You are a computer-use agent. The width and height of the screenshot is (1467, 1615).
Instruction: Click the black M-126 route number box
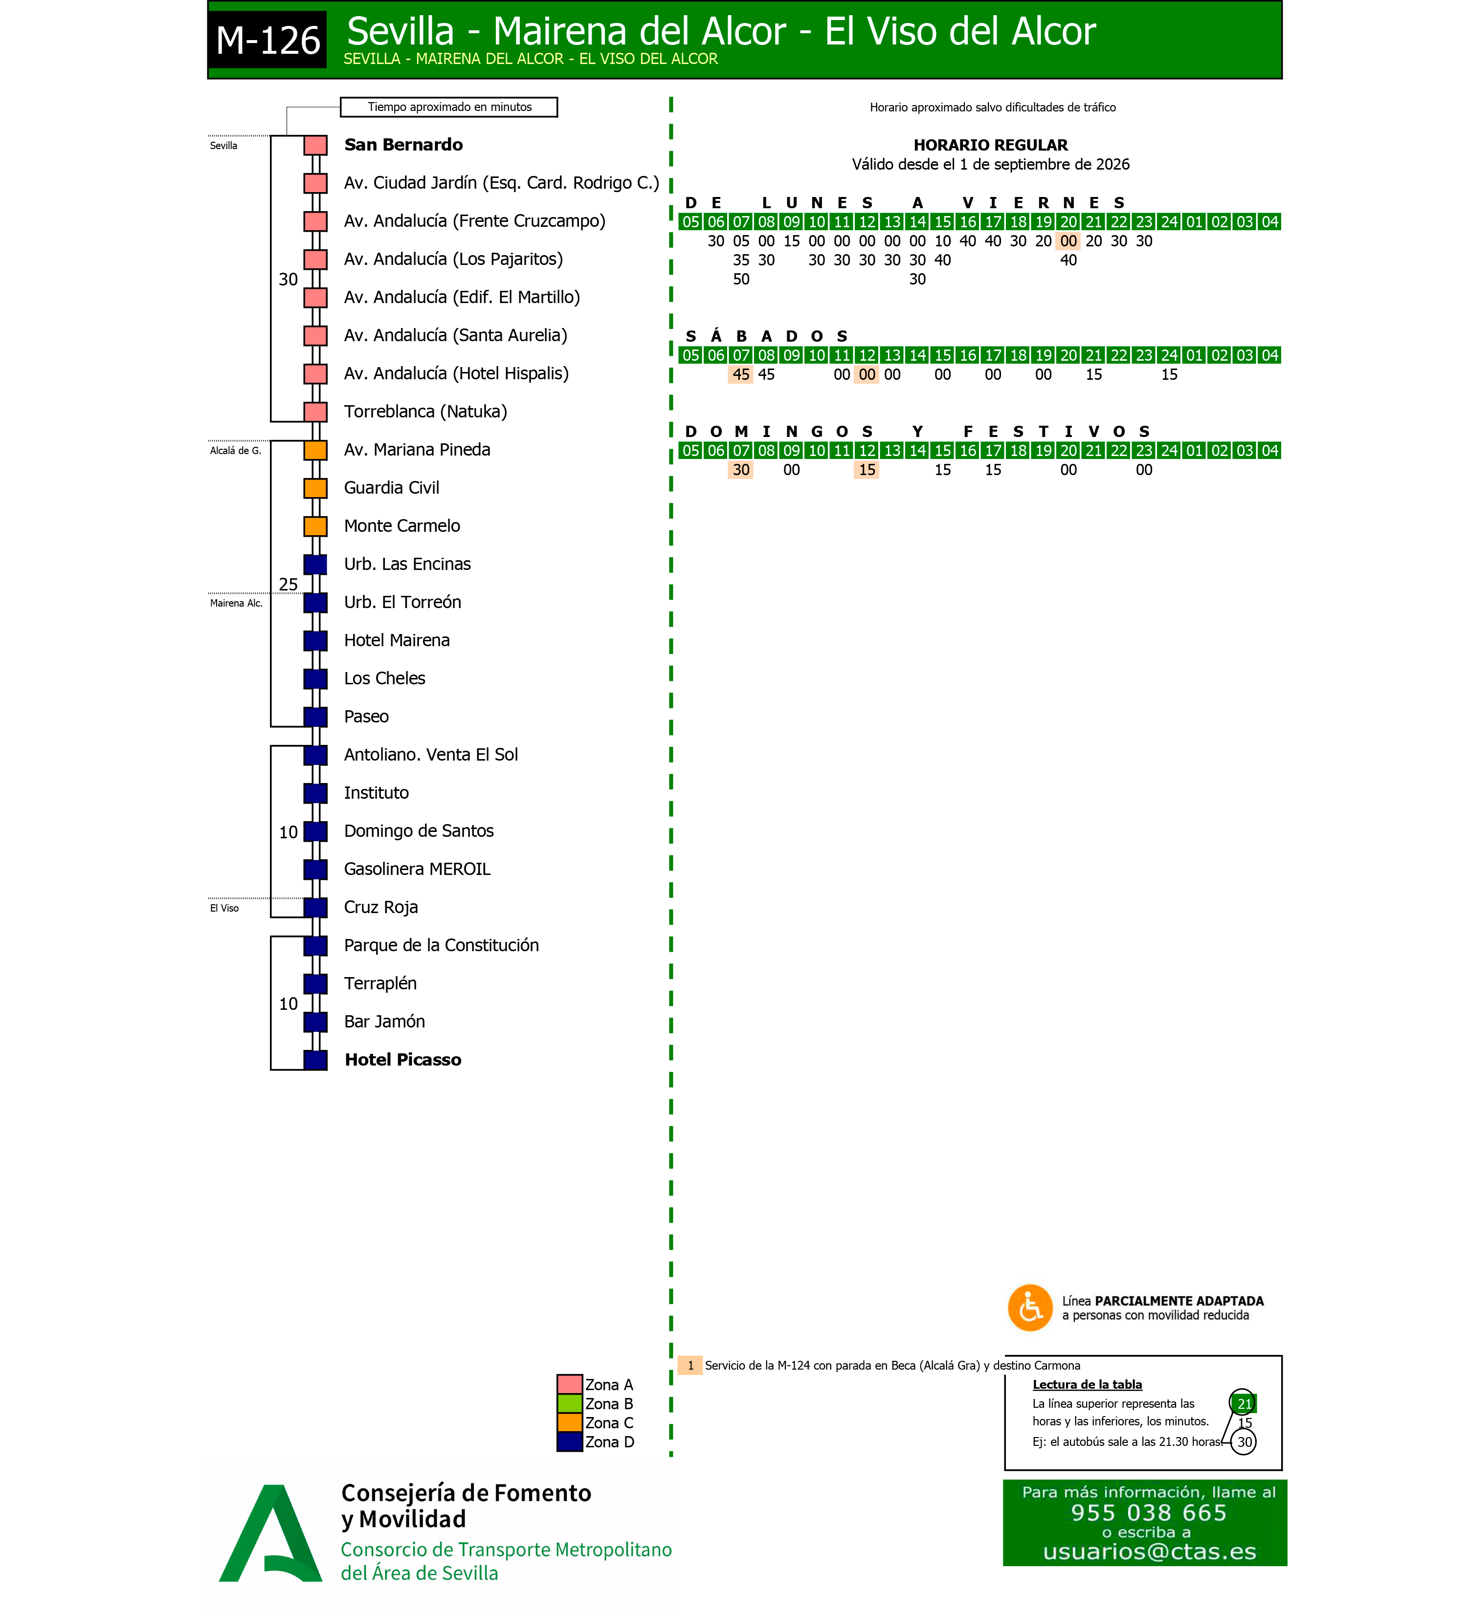click(267, 39)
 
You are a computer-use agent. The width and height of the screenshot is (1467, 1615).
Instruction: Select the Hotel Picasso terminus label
click(402, 1060)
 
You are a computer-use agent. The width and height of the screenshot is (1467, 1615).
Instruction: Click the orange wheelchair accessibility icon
click(1029, 1308)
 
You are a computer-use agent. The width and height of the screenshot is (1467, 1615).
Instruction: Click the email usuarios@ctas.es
click(1149, 1552)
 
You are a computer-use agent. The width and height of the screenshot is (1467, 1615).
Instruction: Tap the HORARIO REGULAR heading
click(990, 145)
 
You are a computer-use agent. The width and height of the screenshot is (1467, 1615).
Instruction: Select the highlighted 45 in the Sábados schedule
click(741, 374)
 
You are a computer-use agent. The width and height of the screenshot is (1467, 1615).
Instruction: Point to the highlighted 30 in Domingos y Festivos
click(741, 469)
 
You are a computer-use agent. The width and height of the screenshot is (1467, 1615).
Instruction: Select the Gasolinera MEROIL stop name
click(417, 869)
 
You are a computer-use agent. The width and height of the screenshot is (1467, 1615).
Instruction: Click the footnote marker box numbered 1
click(690, 1365)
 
